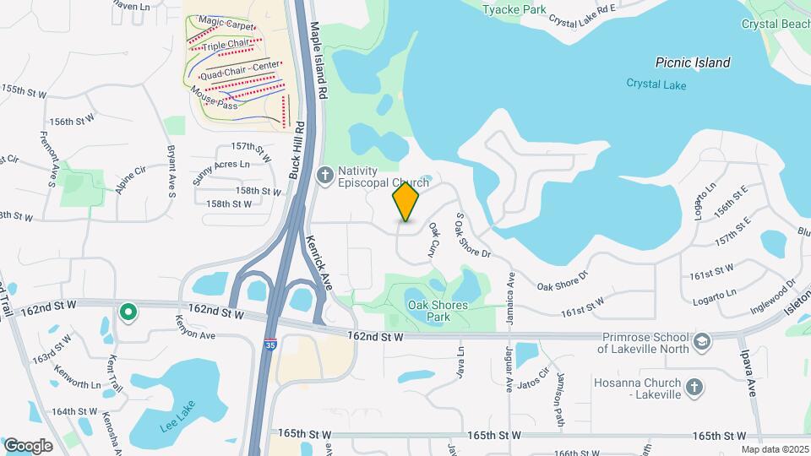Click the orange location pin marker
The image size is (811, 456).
pyautogui.click(x=405, y=202)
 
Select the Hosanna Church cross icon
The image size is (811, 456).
pyautogui.click(x=694, y=387)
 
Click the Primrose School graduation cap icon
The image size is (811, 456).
pyautogui.click(x=702, y=340)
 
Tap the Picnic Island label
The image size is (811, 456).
pyautogui.click(x=693, y=62)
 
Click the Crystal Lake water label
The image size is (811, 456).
pyautogui.click(x=656, y=84)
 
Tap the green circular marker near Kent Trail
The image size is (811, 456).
pyautogui.click(x=128, y=313)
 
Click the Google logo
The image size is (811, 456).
pyautogui.click(x=28, y=445)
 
